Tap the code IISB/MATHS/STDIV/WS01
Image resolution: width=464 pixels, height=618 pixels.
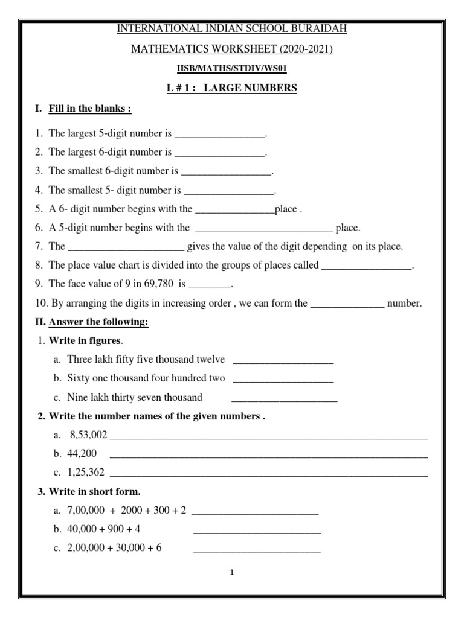231,68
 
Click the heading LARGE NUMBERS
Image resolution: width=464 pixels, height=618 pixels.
251,88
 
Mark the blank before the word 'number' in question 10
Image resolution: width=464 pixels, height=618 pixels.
347,304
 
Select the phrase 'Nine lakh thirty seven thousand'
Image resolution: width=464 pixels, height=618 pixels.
135,397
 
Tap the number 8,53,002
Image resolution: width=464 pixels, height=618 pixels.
88,435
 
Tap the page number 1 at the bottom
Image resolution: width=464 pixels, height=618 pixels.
231,573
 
